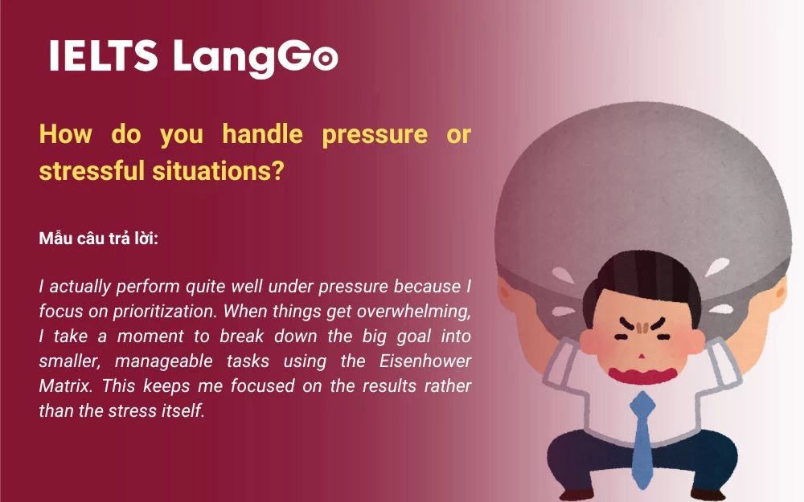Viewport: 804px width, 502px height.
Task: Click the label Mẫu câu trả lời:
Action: (98, 239)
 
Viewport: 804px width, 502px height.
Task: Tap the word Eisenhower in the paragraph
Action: (426, 361)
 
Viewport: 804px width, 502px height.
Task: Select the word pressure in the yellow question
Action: (374, 134)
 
